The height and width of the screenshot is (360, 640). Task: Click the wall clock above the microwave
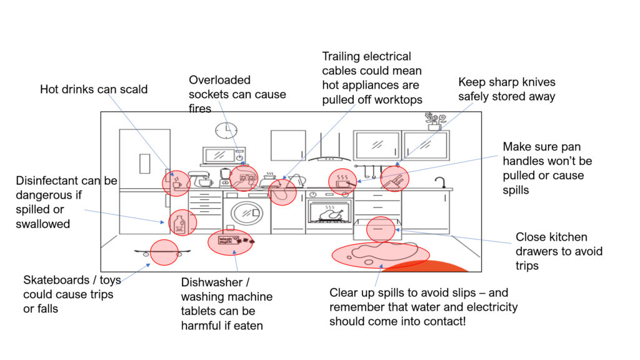coord(226,130)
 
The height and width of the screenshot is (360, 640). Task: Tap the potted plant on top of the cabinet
coord(434,121)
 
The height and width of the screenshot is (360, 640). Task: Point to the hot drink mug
coord(177,183)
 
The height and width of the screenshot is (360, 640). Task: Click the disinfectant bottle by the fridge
coord(181,223)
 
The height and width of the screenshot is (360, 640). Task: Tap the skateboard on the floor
coord(159,252)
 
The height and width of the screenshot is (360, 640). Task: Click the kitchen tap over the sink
coord(441,182)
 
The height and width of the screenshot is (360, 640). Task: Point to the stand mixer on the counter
coord(199,179)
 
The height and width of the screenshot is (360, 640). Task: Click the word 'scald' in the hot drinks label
coord(132,89)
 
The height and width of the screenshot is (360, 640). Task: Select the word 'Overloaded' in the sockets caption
coord(219,80)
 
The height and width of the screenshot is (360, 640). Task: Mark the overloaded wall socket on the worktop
coord(244,178)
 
